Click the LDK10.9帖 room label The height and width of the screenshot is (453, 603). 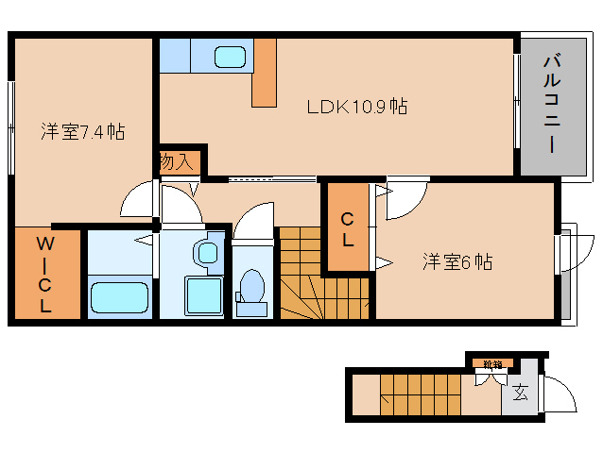pyautogui.click(x=356, y=107)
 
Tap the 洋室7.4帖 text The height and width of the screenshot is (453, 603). pyautogui.click(x=82, y=132)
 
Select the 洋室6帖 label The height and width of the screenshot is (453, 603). pyautogui.click(x=457, y=262)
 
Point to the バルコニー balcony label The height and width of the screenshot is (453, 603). pyautogui.click(x=549, y=105)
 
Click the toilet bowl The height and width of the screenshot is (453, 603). pyautogui.click(x=252, y=287)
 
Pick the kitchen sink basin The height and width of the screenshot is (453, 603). pyautogui.click(x=230, y=57)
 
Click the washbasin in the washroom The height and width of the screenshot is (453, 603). pyautogui.click(x=206, y=253)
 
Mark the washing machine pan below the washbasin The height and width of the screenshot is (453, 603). pyautogui.click(x=203, y=296)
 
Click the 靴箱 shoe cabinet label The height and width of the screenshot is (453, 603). pyautogui.click(x=491, y=363)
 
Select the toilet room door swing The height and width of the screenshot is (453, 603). pyautogui.click(x=253, y=222)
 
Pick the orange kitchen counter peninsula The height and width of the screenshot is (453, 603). pyautogui.click(x=265, y=74)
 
